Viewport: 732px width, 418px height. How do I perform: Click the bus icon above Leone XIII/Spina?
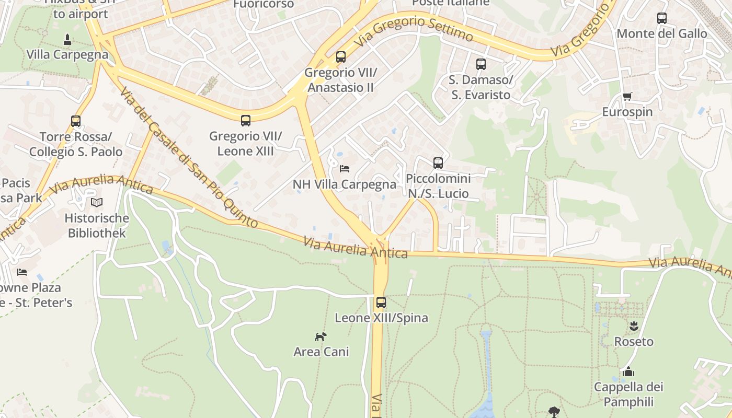(381, 302)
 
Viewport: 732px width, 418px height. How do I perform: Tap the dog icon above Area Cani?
(321, 336)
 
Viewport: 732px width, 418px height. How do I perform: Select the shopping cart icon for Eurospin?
(627, 96)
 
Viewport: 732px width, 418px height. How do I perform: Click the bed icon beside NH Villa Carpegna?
(344, 168)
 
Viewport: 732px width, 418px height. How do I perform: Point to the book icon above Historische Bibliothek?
(97, 202)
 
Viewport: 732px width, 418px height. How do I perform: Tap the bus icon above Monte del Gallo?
(662, 18)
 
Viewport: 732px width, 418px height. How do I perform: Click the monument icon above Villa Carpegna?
(67, 39)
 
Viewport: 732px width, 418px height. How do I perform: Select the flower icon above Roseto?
(634, 326)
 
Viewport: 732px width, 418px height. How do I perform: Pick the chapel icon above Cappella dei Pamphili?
(628, 371)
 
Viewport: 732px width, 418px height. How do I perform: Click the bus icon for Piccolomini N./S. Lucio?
(438, 163)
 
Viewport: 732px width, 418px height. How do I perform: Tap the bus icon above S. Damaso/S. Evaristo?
(481, 64)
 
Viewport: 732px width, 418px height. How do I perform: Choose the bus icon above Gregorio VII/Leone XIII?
(246, 121)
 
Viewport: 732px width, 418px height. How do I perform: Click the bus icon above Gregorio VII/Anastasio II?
(341, 57)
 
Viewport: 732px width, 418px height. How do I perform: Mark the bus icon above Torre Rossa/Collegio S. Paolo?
(76, 121)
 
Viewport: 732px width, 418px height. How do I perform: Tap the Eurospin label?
(627, 112)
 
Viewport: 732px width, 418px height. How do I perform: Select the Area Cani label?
(321, 352)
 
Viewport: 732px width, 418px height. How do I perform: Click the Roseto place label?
(634, 342)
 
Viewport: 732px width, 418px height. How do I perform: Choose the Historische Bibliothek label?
(97, 225)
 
